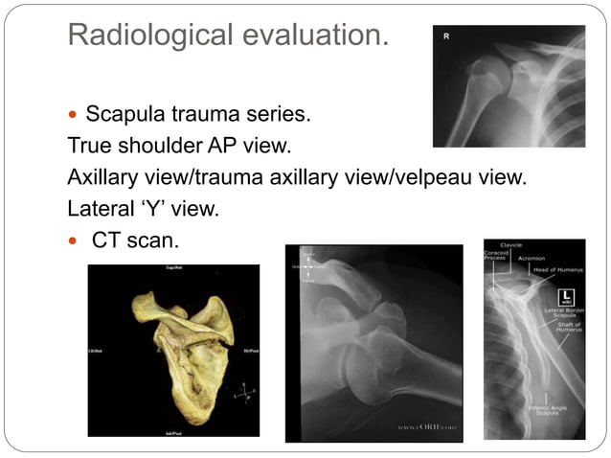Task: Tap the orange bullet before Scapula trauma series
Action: click(76, 117)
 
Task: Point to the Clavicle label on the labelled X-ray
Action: click(511, 246)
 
